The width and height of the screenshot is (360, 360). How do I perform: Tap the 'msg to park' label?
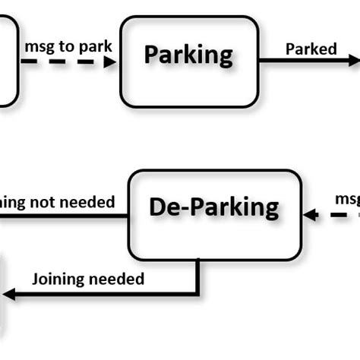pyautogui.click(x=68, y=46)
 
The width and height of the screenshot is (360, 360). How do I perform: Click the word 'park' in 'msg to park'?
pyautogui.click(x=96, y=46)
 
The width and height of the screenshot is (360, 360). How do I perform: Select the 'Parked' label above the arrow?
pyautogui.click(x=311, y=49)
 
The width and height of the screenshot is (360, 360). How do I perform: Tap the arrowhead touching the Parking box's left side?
pyautogui.click(x=111, y=62)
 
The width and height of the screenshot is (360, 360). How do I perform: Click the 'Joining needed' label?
pyautogui.click(x=88, y=279)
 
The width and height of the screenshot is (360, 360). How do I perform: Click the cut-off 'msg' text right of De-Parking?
pyautogui.click(x=347, y=199)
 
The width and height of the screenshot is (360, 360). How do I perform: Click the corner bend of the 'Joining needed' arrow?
pyautogui.click(x=198, y=292)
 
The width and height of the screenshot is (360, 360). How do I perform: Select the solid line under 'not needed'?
pyautogui.click(x=61, y=216)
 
